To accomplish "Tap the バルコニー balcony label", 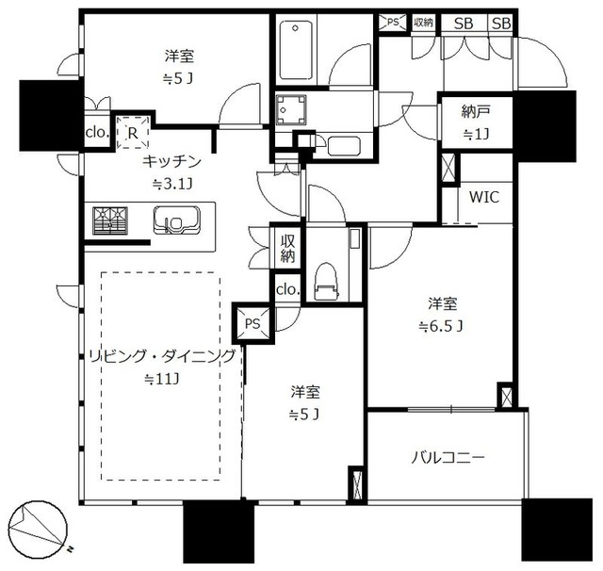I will point(448,458).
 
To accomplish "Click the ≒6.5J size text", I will point(443,327).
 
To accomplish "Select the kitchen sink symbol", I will point(174,223).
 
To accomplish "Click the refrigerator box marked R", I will point(133,133).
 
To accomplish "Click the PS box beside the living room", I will point(252,323).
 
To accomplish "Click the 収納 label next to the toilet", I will point(286,248).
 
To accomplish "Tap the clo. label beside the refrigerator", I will point(98,134).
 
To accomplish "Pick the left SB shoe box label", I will point(464,23).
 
